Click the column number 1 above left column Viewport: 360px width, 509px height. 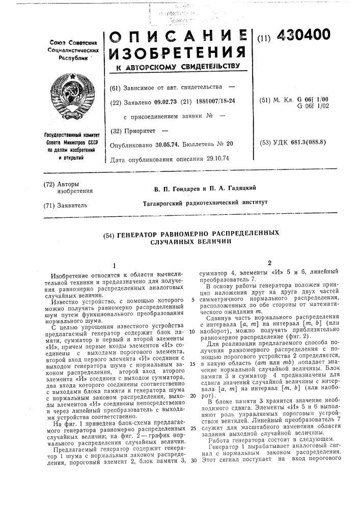coord(115,265)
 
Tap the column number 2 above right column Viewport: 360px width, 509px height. coord(263,263)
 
